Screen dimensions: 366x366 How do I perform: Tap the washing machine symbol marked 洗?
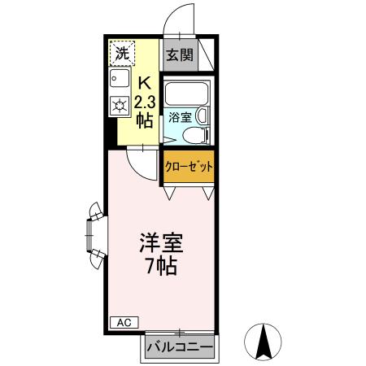coord(121,54)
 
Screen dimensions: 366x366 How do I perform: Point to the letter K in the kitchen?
coord(144,83)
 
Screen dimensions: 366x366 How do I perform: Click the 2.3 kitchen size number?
coord(144,102)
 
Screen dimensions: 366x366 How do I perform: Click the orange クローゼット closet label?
coord(188,167)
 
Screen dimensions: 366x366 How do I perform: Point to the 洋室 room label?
coord(160,242)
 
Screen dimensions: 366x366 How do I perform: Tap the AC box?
coord(121,322)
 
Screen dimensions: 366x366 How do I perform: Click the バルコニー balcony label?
coord(180,348)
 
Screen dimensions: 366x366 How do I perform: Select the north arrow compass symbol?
coord(264,342)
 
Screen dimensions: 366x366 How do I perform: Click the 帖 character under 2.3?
coord(144,120)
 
